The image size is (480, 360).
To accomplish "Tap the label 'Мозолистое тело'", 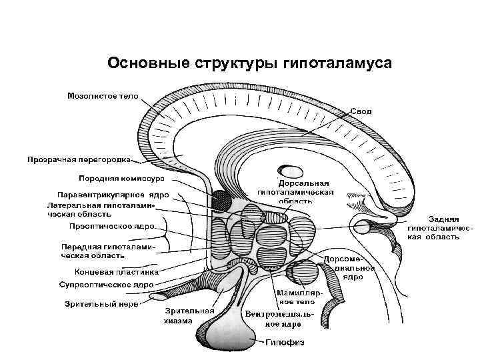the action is (x=103, y=96).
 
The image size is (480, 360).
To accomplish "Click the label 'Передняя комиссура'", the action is (x=123, y=179).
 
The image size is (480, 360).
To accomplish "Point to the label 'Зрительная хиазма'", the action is (x=189, y=315).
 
